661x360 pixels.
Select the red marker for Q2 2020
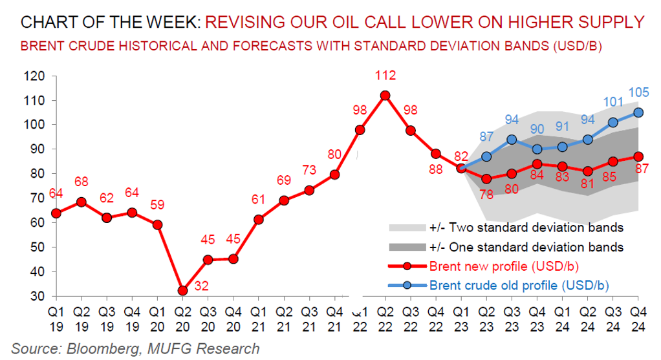[x=183, y=291]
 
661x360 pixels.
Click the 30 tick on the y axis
[x=38, y=297]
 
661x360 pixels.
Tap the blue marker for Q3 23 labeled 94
[x=512, y=140]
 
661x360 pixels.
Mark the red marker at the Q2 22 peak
[x=385, y=95]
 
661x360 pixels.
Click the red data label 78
[x=486, y=194]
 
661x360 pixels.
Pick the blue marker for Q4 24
[x=638, y=112]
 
